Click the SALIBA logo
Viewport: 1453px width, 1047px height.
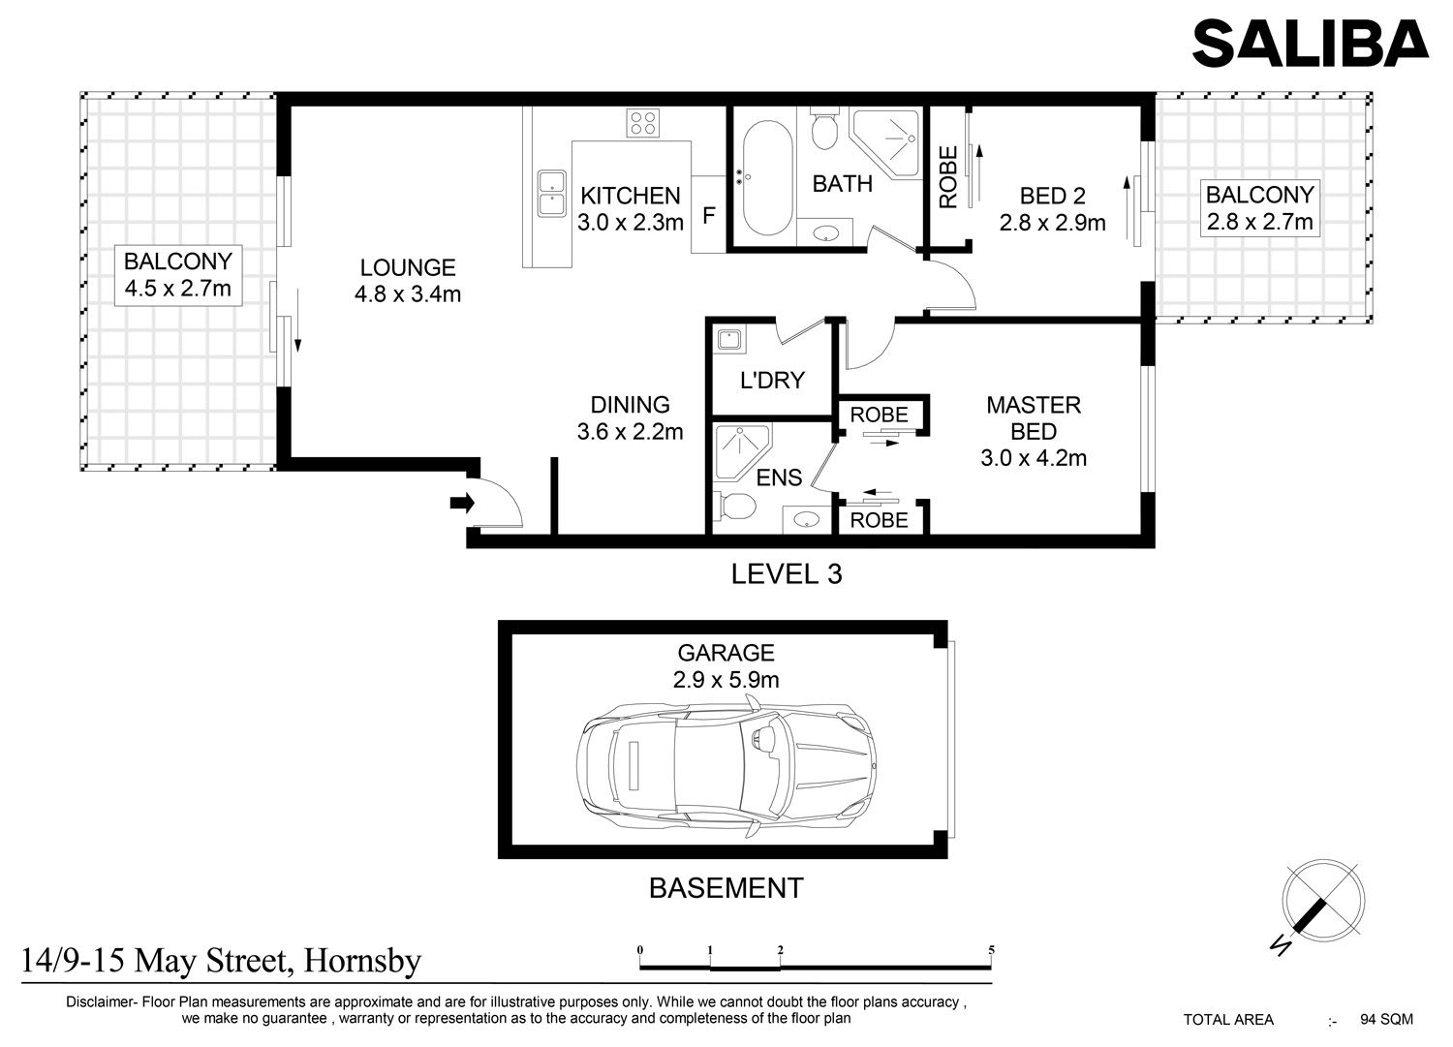point(1310,43)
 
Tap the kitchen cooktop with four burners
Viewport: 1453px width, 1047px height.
point(643,123)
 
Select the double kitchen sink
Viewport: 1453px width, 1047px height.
point(551,194)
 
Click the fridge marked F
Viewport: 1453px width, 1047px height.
point(708,215)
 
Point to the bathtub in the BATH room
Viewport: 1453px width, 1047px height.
point(767,178)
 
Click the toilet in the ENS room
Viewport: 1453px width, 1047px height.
point(735,506)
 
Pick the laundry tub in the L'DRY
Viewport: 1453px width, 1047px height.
point(729,339)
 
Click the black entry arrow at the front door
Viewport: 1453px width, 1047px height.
point(462,503)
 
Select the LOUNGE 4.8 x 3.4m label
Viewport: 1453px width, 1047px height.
point(408,281)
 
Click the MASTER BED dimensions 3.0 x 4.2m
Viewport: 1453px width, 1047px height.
point(1034,458)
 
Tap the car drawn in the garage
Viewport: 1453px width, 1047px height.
point(726,765)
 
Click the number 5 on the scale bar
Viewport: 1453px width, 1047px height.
point(991,950)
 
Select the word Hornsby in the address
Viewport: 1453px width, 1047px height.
point(362,962)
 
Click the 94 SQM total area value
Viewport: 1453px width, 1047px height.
point(1386,1020)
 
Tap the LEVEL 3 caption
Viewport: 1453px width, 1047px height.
point(787,574)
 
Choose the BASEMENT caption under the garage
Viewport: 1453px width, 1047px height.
point(726,888)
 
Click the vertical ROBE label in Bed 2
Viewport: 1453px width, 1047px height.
point(948,176)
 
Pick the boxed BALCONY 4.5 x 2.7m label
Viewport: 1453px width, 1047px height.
point(177,275)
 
